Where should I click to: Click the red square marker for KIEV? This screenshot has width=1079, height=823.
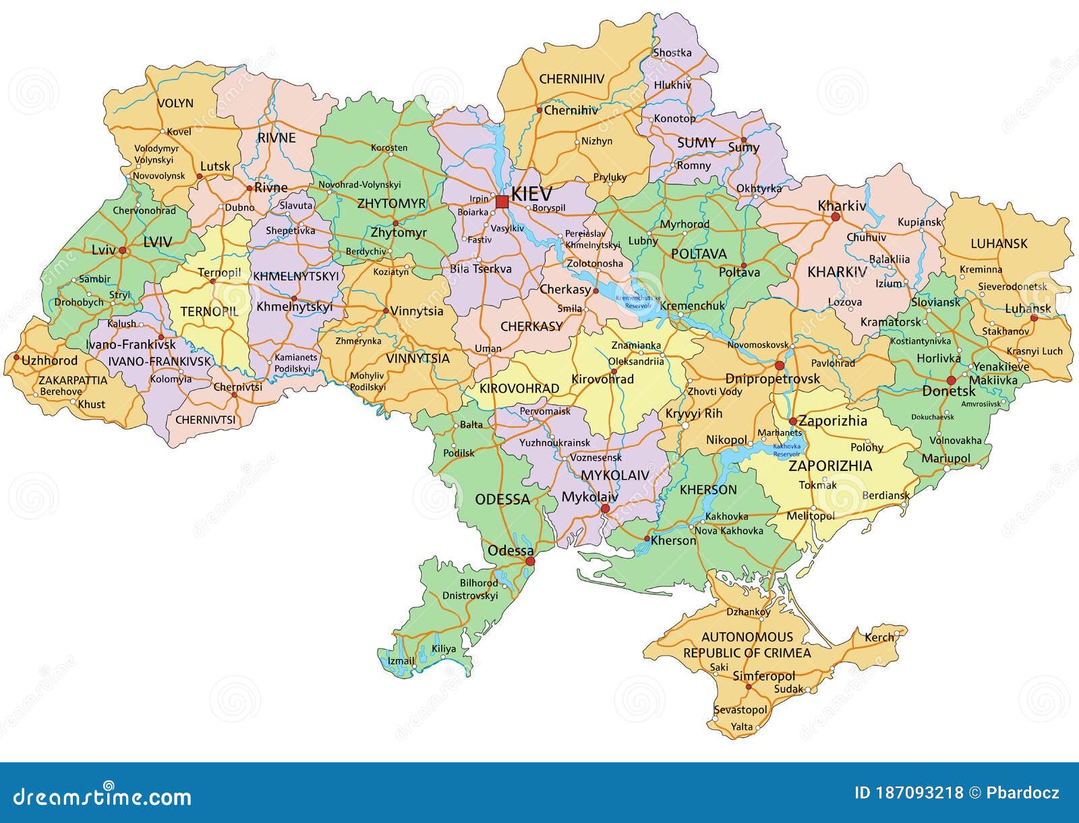[502, 202]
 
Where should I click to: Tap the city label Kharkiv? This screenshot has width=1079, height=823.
[841, 206]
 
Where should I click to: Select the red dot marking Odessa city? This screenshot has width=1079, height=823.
[530, 561]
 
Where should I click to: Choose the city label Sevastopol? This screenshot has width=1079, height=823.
[740, 710]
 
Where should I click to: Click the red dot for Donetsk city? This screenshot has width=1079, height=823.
[952, 380]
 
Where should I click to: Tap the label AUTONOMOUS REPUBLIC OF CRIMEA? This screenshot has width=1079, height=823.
[747, 645]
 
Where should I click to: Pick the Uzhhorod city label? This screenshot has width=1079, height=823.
[49, 360]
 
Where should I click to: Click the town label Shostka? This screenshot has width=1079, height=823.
[672, 53]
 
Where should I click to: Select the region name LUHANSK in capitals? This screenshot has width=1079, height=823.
[999, 244]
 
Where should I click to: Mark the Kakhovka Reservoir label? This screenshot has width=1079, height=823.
[786, 450]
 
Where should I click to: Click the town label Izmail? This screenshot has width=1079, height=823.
[401, 661]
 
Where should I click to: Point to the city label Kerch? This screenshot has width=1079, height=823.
[879, 637]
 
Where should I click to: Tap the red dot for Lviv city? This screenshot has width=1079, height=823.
[123, 250]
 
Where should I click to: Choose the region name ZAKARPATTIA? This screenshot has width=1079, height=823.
[72, 380]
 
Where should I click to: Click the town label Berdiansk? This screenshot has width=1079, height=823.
[886, 495]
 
